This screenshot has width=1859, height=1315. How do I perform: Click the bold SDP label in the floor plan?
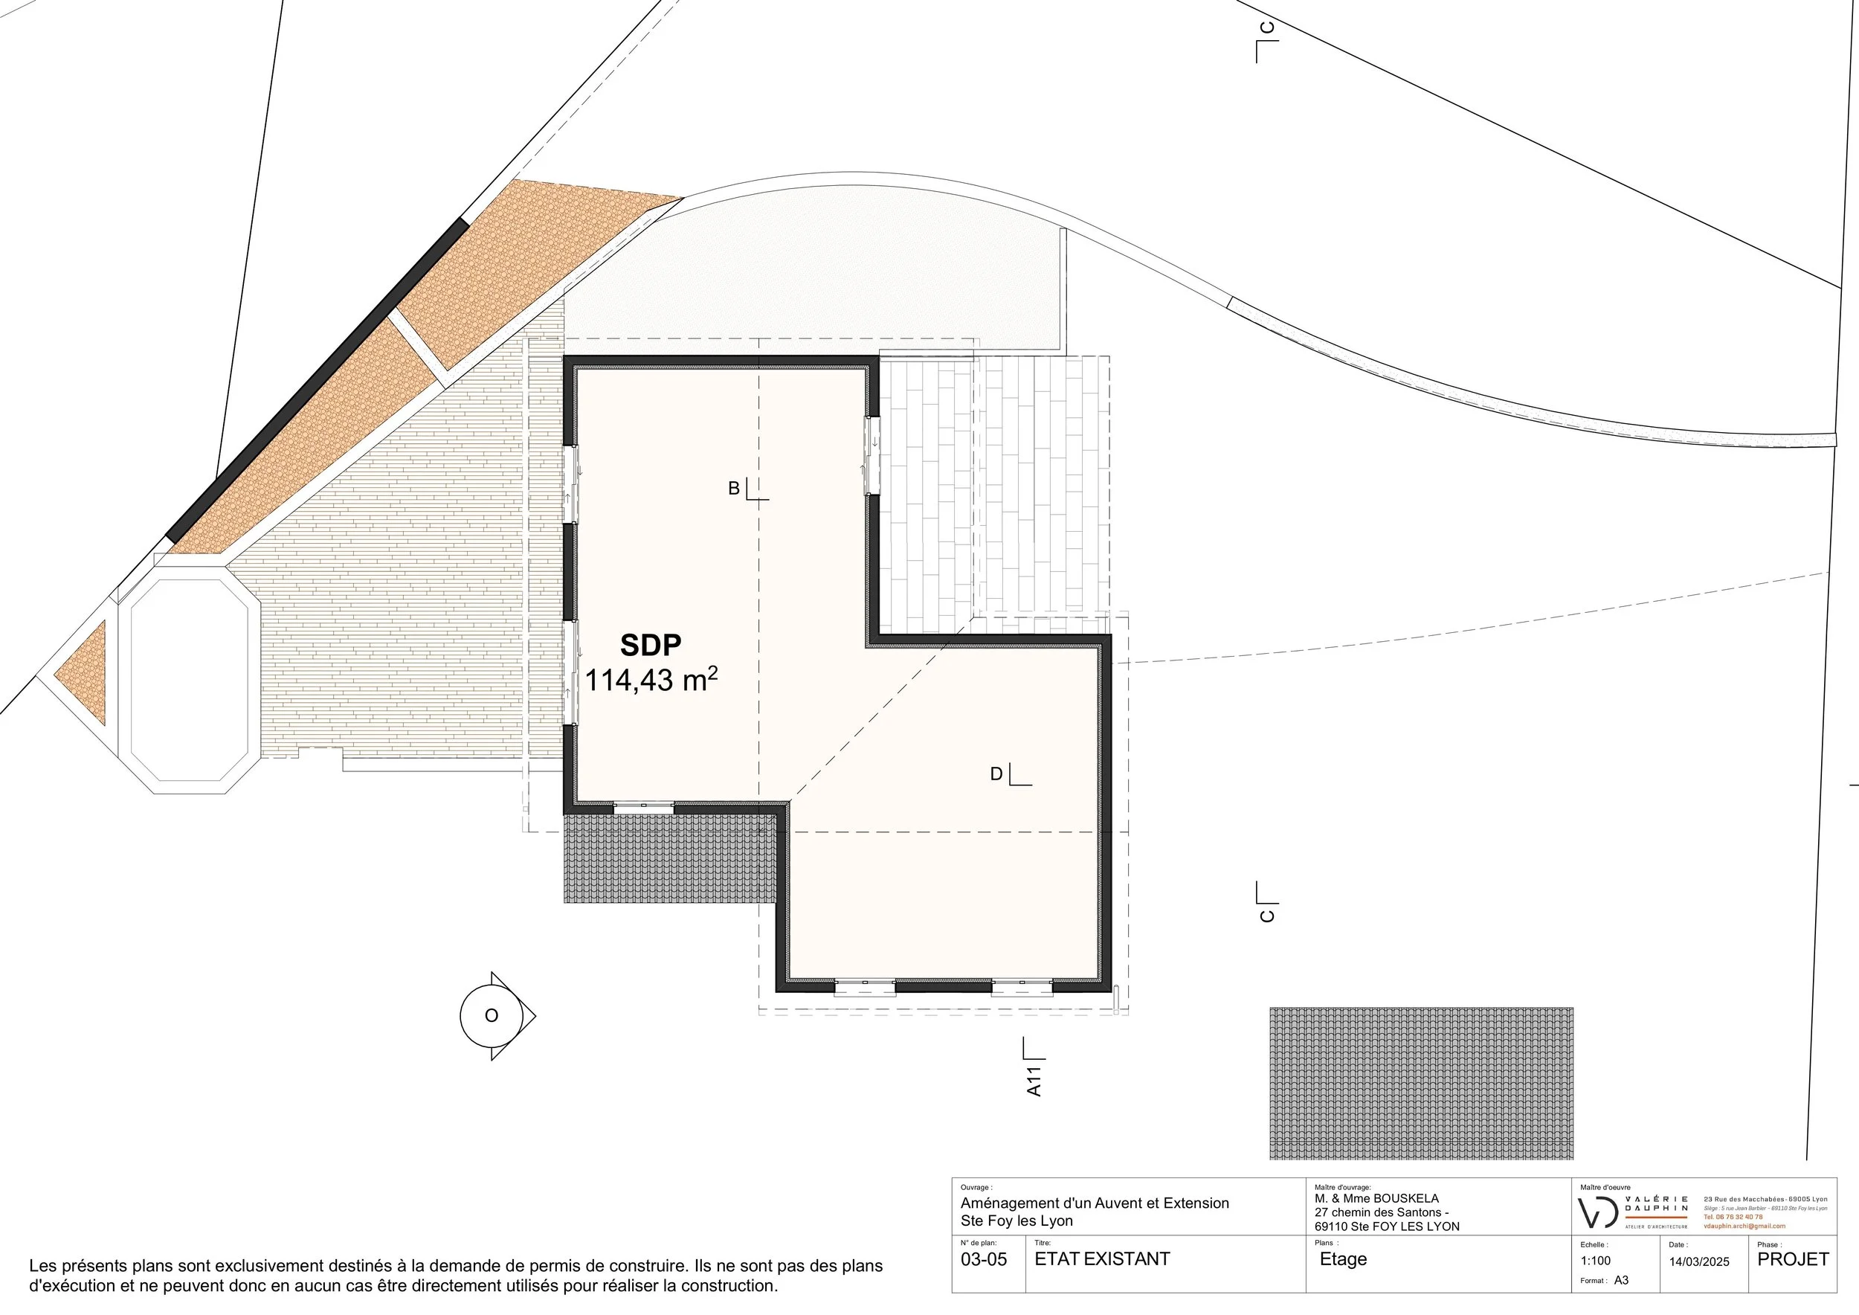pyautogui.click(x=650, y=645)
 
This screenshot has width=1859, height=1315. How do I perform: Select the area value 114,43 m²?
pyautogui.click(x=650, y=680)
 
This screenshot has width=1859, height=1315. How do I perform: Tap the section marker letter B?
pyautogui.click(x=733, y=488)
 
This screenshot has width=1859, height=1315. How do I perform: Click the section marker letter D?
pyautogui.click(x=996, y=774)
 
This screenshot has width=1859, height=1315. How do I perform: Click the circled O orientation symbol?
pyautogui.click(x=491, y=1015)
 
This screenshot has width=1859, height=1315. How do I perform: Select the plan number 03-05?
pyautogui.click(x=984, y=1259)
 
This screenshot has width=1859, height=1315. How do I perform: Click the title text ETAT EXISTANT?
pyautogui.click(x=1101, y=1259)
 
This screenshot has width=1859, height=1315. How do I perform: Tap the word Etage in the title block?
pyautogui.click(x=1342, y=1259)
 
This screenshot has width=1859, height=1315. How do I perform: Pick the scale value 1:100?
pyautogui.click(x=1595, y=1261)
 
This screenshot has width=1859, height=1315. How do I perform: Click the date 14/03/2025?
pyautogui.click(x=1698, y=1261)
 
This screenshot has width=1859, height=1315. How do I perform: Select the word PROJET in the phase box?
pyautogui.click(x=1793, y=1259)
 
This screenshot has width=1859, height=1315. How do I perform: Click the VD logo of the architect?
pyautogui.click(x=1598, y=1212)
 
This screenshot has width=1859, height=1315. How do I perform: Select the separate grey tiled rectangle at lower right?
pyautogui.click(x=1420, y=1083)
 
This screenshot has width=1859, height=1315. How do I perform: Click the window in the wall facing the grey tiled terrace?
pyautogui.click(x=643, y=806)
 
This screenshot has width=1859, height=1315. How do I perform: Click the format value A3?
pyautogui.click(x=1621, y=1281)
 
